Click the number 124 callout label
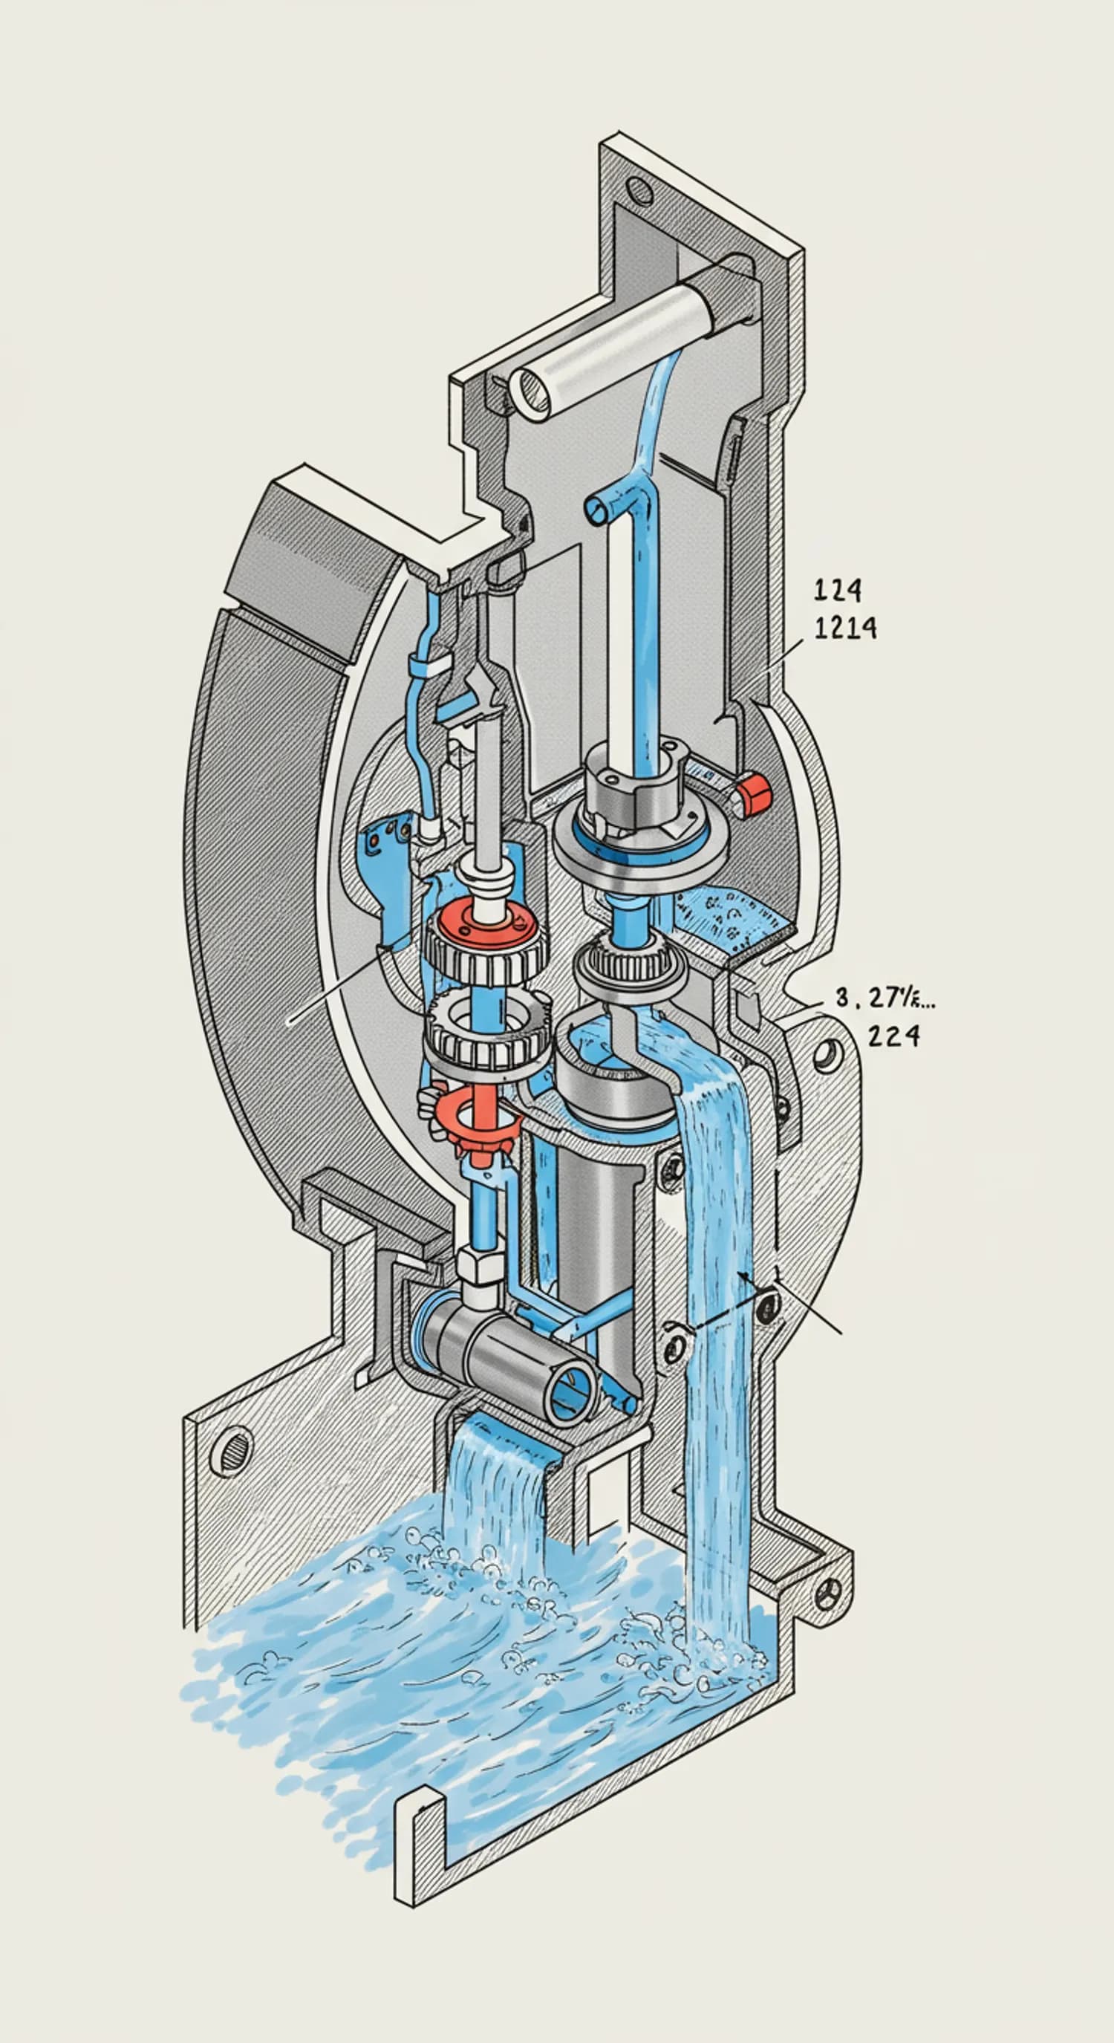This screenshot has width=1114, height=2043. pos(837,590)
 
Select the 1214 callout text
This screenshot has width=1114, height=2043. pos(845,628)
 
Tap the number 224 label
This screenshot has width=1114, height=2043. pos(894,1035)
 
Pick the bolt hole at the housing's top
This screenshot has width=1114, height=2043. pos(636,189)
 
